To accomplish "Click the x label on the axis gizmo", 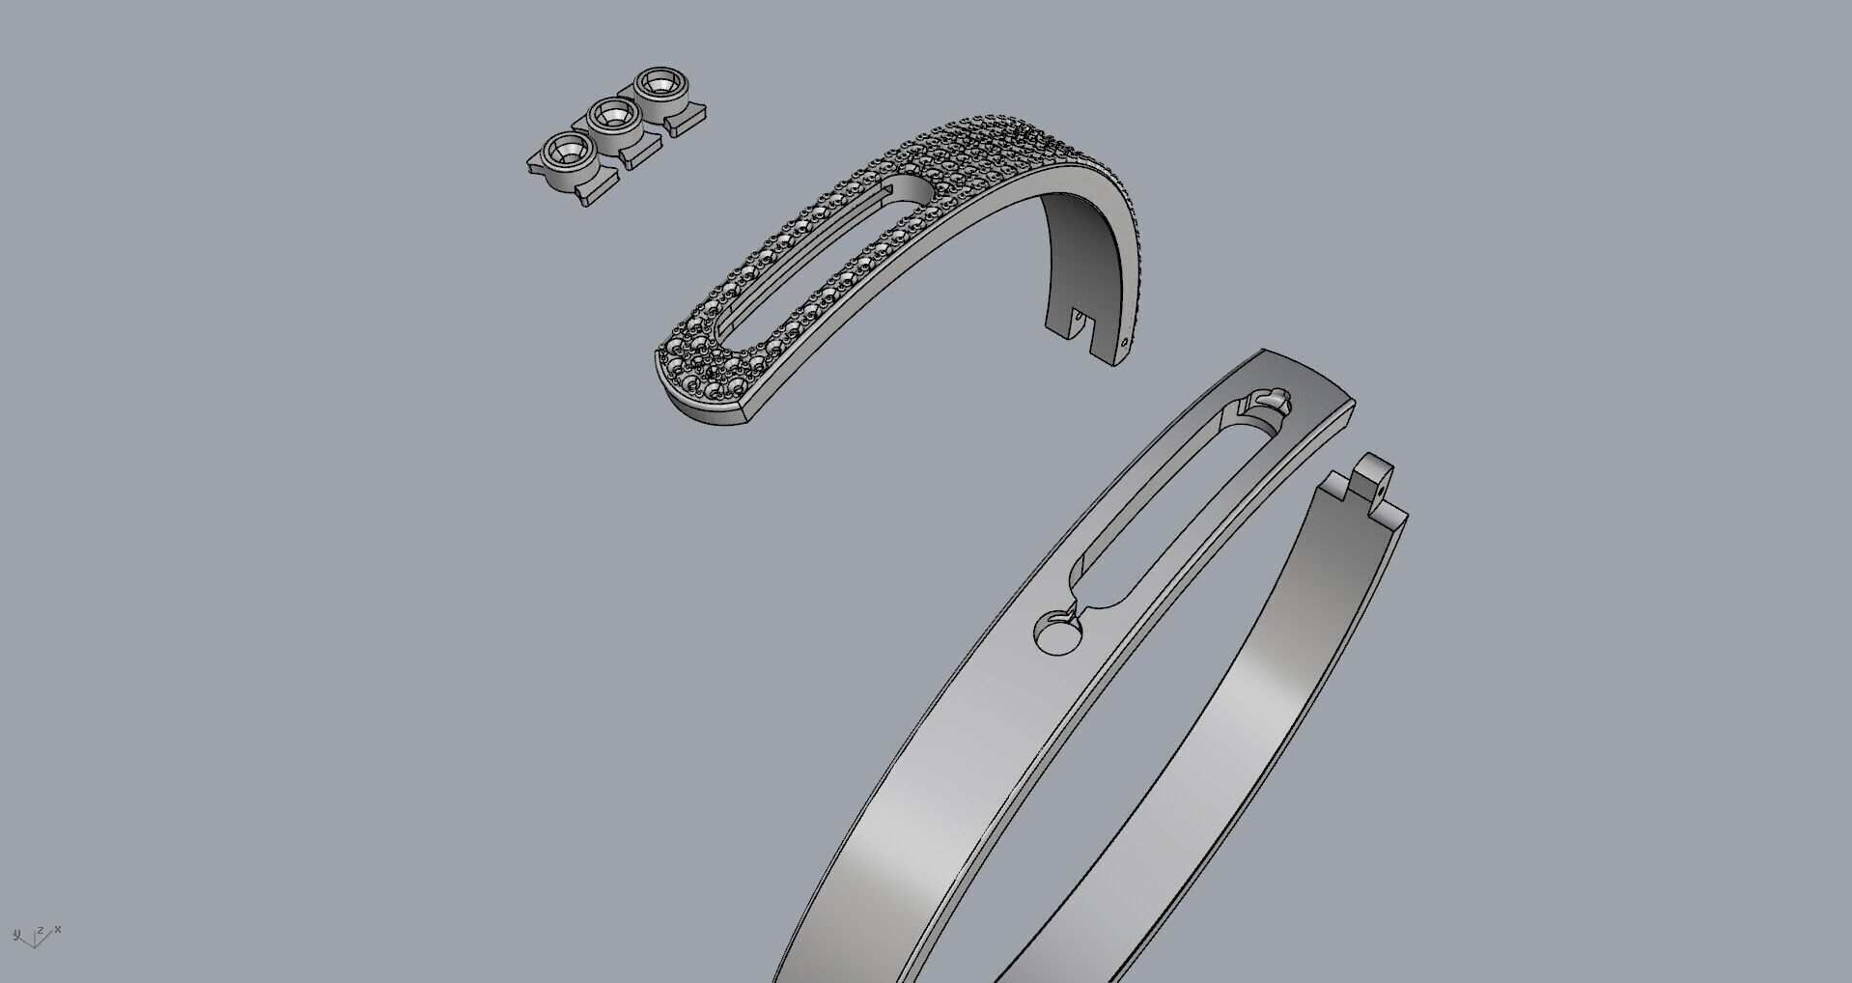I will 58,929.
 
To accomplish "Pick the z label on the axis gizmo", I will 40,931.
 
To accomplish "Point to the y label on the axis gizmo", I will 16,934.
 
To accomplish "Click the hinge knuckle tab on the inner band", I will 1372,476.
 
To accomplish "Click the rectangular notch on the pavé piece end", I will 1082,323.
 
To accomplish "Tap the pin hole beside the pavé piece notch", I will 1125,341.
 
